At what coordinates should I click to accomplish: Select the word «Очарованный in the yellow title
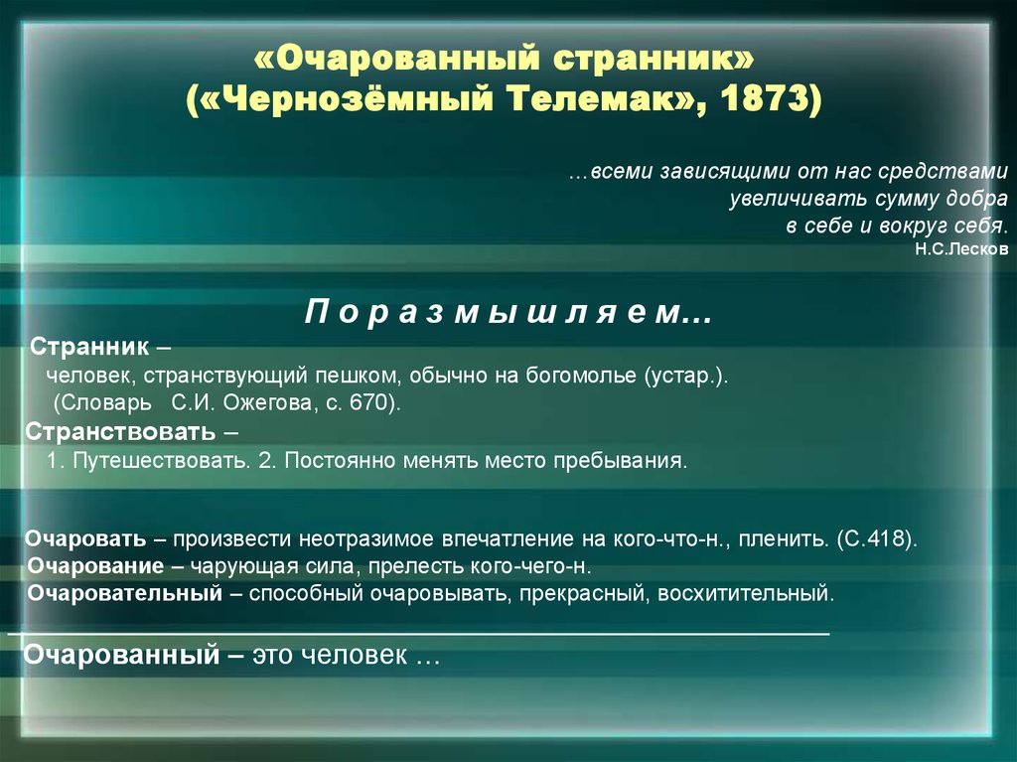pyautogui.click(x=397, y=58)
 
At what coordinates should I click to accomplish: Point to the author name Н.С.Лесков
pyautogui.click(x=961, y=249)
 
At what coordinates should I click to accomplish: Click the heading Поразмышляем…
pyautogui.click(x=508, y=312)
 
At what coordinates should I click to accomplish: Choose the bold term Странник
pyautogui.click(x=89, y=347)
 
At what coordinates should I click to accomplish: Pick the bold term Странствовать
pyautogui.click(x=120, y=431)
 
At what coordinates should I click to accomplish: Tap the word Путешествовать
pyautogui.click(x=162, y=461)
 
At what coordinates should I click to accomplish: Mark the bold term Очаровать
pyautogui.click(x=85, y=539)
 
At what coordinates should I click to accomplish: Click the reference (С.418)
pyautogui.click(x=877, y=539)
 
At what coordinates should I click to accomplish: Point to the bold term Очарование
pyautogui.click(x=95, y=566)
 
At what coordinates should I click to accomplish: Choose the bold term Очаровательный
pyautogui.click(x=124, y=593)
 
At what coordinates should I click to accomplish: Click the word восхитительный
pyautogui.click(x=746, y=593)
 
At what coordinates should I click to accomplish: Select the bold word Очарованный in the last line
pyautogui.click(x=122, y=655)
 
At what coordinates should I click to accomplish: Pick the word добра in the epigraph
pyautogui.click(x=977, y=199)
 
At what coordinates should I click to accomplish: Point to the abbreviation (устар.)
pyautogui.click(x=686, y=376)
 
